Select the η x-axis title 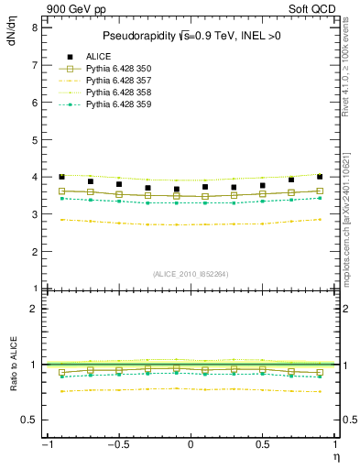(x=334, y=456)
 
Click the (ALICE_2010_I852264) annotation (x=190, y=273)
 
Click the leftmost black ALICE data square (x=61, y=176)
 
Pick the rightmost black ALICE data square (x=320, y=176)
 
